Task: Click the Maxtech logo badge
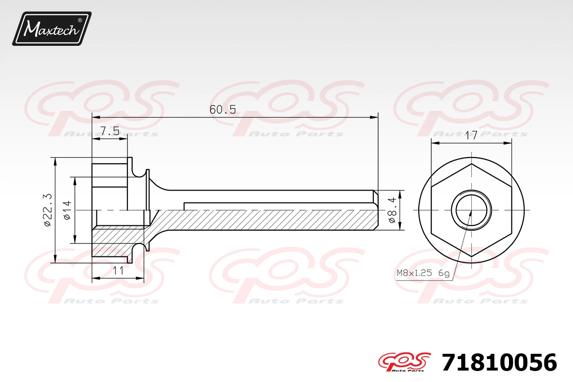(x=52, y=29)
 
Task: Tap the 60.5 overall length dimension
(x=223, y=110)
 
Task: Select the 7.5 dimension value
(x=110, y=131)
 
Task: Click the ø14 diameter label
(x=67, y=210)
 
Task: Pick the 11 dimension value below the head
(x=118, y=270)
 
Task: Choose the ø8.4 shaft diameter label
(x=392, y=210)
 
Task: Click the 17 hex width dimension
(x=471, y=135)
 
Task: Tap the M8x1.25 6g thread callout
(x=423, y=273)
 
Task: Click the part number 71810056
(x=499, y=362)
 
